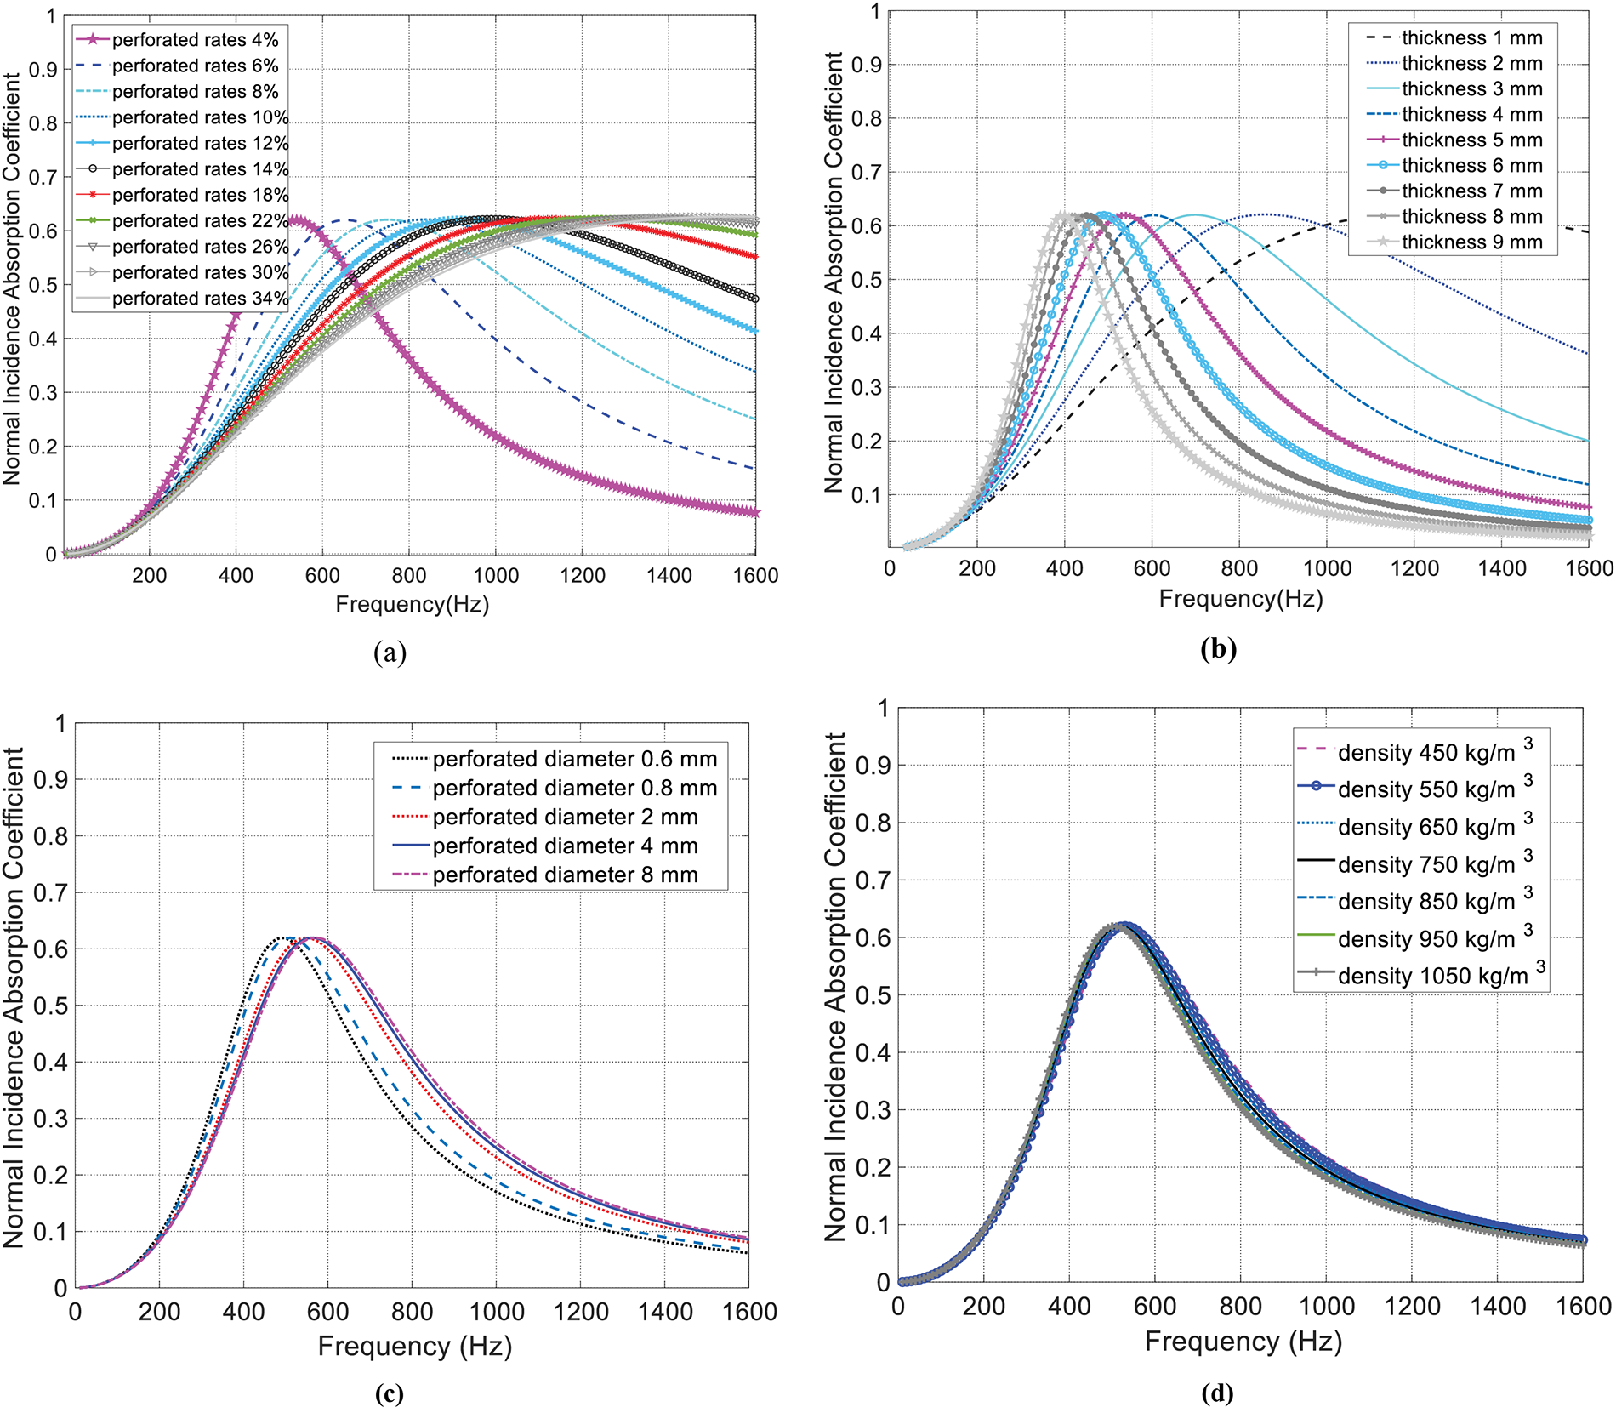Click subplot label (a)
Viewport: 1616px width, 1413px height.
[x=390, y=652]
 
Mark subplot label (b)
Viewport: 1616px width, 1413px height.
[x=1218, y=649]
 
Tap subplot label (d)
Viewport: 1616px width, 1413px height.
[x=1217, y=1393]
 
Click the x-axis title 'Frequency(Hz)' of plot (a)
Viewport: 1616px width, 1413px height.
[x=413, y=604]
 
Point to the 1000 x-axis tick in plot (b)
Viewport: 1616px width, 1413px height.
[x=1327, y=568]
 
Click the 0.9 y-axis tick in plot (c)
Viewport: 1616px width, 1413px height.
[x=49, y=780]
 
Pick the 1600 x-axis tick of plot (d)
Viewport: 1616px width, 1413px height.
[x=1583, y=1306]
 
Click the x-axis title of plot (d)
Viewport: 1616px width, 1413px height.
[x=1243, y=1342]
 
